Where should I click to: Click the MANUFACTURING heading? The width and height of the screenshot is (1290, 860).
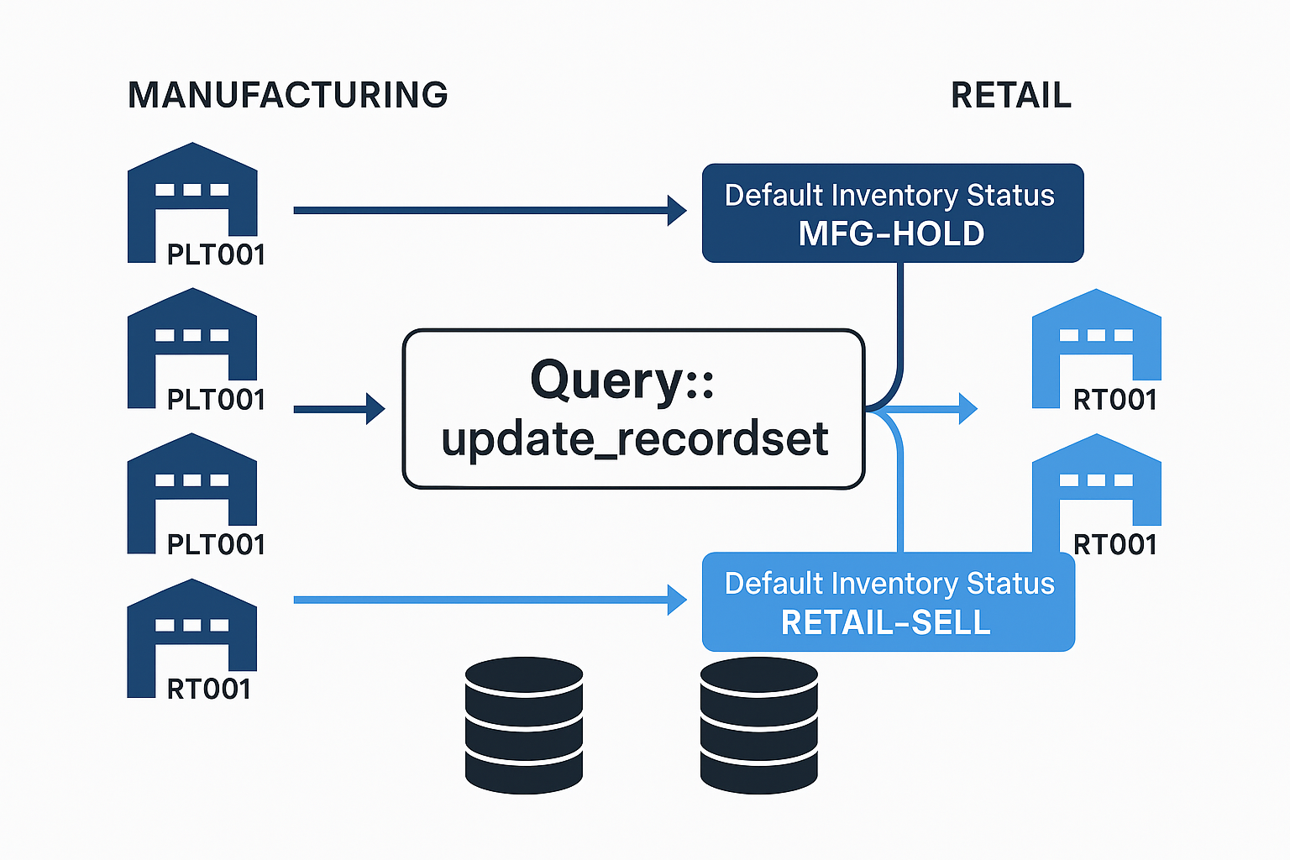288,95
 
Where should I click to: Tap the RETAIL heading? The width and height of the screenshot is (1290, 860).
1011,95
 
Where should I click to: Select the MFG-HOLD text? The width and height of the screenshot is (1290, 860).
891,233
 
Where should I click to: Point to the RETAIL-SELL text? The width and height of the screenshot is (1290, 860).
886,622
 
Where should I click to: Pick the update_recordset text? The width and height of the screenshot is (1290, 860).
635,439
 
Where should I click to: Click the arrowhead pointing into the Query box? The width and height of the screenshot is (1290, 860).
375,409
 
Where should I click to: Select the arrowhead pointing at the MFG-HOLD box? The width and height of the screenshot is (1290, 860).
677,210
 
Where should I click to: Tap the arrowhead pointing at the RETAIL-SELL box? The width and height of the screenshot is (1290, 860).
677,600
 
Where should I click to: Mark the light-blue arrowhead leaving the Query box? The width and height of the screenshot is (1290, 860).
968,409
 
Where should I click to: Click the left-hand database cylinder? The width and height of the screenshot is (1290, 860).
524,725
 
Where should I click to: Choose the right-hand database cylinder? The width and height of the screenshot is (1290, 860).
758,725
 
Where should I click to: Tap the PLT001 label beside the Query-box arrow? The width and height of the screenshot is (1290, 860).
216,400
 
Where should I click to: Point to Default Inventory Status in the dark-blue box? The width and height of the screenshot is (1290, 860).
889,195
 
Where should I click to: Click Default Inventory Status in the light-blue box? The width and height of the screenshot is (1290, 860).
889,583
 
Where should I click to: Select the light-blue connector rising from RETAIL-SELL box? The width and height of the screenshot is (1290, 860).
899,496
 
